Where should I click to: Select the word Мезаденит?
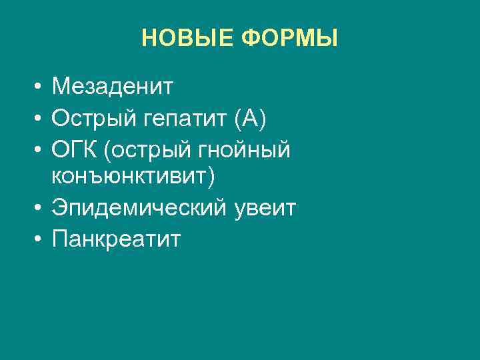point(113,87)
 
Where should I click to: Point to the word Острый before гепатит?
point(94,119)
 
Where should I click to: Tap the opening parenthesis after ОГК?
point(108,151)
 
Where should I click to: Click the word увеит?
point(266,209)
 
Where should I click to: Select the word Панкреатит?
point(116,239)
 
